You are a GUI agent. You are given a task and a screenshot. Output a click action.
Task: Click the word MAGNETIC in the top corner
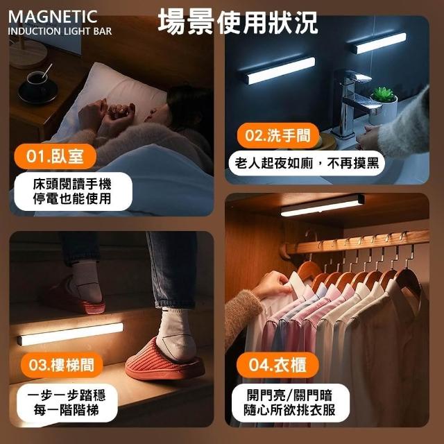tap(53, 17)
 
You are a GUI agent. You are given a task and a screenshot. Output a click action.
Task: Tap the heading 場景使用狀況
tap(238, 22)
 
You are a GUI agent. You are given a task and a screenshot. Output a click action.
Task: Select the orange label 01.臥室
tap(55, 156)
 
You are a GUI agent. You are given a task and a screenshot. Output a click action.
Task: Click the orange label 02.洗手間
tap(278, 135)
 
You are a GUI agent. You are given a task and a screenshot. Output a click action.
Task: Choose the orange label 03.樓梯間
tap(62, 365)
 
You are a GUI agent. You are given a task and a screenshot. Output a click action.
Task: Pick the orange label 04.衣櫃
tap(277, 365)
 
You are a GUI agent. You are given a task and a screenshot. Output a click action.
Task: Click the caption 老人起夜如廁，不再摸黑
tap(307, 164)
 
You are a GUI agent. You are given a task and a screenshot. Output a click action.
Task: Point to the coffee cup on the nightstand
tap(37, 85)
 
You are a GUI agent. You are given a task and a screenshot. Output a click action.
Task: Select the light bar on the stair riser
tap(71, 334)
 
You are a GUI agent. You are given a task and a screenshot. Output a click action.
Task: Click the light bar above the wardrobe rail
tap(322, 205)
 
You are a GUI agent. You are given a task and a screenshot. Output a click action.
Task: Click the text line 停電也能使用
tap(72, 199)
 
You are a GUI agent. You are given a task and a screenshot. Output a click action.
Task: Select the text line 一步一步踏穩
tap(67, 395)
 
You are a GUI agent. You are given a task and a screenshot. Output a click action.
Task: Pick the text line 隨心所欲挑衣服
tap(290, 410)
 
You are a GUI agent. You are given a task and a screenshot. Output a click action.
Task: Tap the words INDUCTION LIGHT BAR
tap(60, 31)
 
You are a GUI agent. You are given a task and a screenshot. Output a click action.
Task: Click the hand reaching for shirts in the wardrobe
tap(273, 284)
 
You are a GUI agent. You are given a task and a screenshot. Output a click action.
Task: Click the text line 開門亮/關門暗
tap(289, 395)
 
